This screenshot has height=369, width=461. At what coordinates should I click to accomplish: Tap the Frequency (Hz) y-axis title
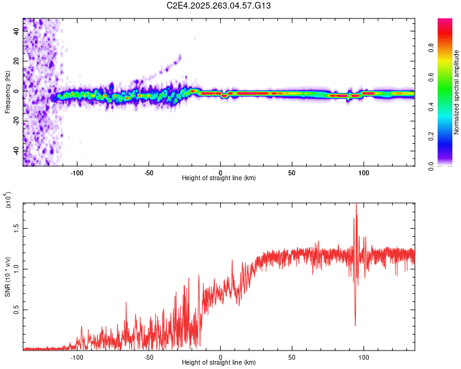point(7,92)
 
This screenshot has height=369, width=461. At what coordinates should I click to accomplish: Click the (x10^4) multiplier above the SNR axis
point(9,201)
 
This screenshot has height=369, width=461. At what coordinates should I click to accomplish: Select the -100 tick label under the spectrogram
point(77,173)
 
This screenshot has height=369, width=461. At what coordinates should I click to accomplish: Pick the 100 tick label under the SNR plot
point(364,357)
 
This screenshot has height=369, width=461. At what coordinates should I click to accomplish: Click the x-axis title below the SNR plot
point(219,363)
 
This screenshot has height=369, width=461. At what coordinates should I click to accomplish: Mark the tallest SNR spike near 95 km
point(357,205)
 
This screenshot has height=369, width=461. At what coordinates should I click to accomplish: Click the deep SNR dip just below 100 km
point(355,324)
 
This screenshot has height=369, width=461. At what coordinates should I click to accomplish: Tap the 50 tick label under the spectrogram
point(292,173)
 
